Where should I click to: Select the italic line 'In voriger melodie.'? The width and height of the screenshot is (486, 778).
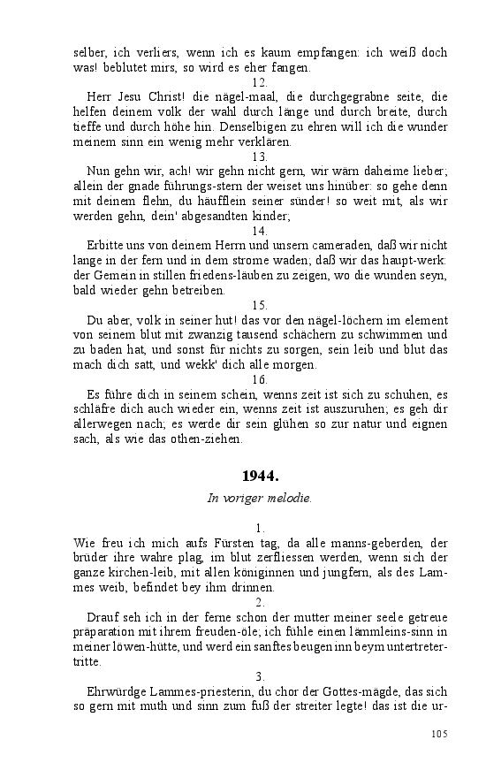coord(259,498)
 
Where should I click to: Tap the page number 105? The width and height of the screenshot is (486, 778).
coord(439,734)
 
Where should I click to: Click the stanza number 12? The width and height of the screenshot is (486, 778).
coord(260,82)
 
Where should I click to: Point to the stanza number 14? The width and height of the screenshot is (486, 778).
coord(260,231)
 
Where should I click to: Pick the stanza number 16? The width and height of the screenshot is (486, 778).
coord(260,379)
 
